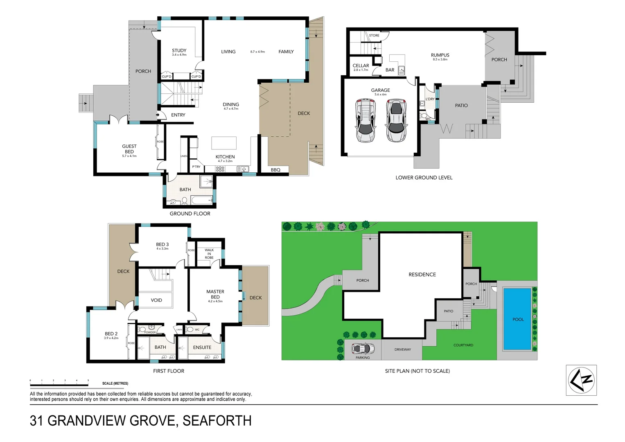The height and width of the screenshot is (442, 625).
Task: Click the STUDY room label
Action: pos(179,51)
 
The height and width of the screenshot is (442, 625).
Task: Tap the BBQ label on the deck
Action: pos(275,170)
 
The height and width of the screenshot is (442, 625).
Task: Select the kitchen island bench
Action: pos(224,143)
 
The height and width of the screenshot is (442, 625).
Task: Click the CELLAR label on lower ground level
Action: pos(361,65)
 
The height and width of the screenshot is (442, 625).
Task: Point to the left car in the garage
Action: pos(366,120)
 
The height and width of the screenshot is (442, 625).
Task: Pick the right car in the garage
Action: pos(395,120)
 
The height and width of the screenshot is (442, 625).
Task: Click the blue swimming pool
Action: pos(517,319)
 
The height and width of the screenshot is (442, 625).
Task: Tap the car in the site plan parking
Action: pos(363,349)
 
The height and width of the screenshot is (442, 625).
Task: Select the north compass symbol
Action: pos(581,380)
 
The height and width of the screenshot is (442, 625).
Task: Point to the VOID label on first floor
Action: pos(156,300)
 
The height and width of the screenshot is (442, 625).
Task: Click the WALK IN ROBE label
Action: pos(209,254)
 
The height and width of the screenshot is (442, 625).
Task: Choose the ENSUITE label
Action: pos(202,347)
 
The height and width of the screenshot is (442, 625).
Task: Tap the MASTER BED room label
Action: pos(215,294)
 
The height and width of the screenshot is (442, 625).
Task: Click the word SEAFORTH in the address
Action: pos(217,421)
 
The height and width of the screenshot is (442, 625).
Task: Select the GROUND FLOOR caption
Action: pos(190,214)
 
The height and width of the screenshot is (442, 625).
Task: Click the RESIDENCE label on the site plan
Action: pos(422,275)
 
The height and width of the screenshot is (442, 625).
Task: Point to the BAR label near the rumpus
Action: pos(390,70)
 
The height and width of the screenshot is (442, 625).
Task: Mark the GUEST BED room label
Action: pos(129,149)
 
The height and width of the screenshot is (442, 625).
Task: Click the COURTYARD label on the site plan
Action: pos(463,345)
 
